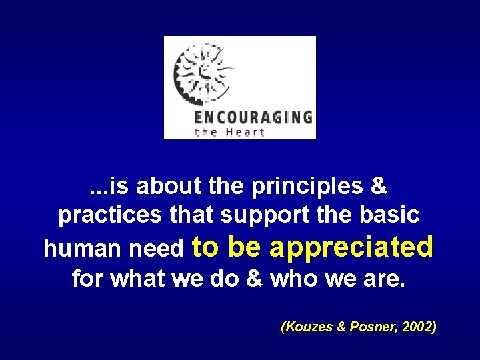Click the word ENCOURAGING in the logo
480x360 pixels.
tap(253, 118)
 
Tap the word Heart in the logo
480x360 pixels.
tap(246, 132)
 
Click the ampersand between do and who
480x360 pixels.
tap(254, 279)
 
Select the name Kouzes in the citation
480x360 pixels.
tap(306, 327)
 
